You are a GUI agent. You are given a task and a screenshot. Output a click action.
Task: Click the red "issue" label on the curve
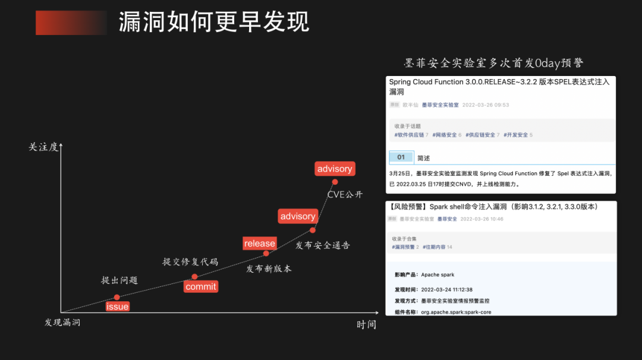tap(117, 307)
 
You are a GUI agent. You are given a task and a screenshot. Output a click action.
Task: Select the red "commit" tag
tap(201, 286)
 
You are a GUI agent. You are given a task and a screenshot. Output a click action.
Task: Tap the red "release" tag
tap(260, 244)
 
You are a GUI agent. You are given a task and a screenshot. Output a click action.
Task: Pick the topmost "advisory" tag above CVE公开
tap(335, 169)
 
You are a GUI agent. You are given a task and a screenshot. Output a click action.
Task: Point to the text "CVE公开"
tap(345, 194)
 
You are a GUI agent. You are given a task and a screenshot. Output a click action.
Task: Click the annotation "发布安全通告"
tap(323, 245)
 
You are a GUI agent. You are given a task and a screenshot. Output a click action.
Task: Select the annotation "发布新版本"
tap(269, 269)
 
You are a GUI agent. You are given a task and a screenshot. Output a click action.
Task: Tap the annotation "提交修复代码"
tap(190, 261)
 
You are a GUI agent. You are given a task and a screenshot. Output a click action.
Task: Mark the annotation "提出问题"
tap(119, 280)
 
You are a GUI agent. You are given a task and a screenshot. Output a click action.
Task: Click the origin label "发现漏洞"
tap(62, 323)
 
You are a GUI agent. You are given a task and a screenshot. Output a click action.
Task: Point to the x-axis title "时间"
tap(366, 324)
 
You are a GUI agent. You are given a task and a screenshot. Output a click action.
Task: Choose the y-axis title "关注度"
tap(43, 147)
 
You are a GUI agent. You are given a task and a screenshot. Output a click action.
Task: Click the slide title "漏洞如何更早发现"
tap(214, 23)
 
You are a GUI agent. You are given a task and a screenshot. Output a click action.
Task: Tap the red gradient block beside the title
tap(71, 23)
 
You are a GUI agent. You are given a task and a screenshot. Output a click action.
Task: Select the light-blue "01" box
tap(401, 157)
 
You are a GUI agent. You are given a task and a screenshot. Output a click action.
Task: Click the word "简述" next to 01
tap(423, 158)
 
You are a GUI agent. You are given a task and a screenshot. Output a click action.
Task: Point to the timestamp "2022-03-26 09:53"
tap(486, 105)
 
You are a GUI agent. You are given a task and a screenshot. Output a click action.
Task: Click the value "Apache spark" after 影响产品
tap(438, 275)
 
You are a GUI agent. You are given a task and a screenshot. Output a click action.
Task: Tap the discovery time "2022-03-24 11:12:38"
tap(446, 290)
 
